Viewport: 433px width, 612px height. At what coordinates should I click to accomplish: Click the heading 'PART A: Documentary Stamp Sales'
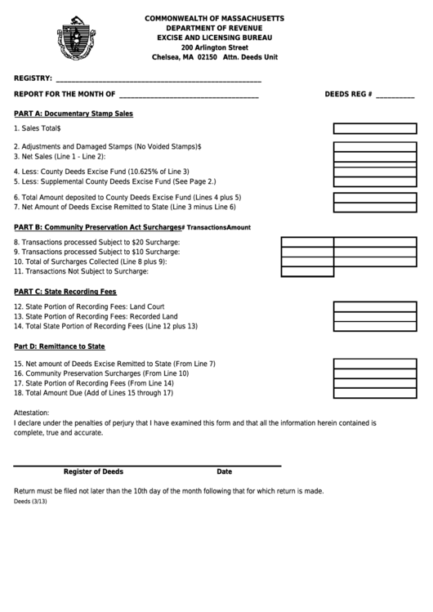pos(74,114)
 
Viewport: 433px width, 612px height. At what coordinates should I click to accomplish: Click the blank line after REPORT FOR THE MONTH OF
pos(189,96)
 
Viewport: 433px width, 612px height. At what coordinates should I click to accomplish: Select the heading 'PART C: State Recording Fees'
pos(65,291)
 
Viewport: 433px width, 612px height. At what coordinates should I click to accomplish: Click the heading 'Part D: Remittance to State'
pos(60,346)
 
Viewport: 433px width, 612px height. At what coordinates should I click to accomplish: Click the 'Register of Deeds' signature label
pos(94,471)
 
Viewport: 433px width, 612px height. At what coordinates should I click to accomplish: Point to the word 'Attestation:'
pos(32,413)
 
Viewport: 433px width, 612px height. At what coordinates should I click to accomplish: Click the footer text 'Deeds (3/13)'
pos(30,502)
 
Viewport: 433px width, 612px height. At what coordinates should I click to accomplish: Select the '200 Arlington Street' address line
pos(214,47)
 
